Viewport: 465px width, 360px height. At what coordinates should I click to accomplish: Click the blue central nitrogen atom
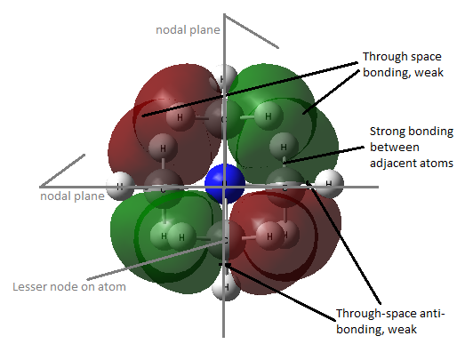[225, 184]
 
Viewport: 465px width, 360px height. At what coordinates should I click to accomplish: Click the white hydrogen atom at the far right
[329, 184]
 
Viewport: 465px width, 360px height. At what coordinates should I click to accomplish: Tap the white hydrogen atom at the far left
[120, 186]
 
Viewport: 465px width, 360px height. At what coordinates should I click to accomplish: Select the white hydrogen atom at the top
[225, 77]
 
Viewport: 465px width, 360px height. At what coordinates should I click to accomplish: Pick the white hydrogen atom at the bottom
[226, 287]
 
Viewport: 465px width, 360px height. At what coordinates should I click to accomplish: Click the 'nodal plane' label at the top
[188, 30]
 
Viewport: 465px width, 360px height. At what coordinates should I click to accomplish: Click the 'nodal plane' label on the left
[72, 196]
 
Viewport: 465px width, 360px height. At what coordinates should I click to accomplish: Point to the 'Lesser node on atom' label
[69, 287]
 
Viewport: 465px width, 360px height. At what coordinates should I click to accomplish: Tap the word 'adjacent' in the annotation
[390, 163]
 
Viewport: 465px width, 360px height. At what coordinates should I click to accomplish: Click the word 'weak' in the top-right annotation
[429, 72]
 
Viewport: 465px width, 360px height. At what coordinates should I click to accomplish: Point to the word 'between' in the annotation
[395, 147]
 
